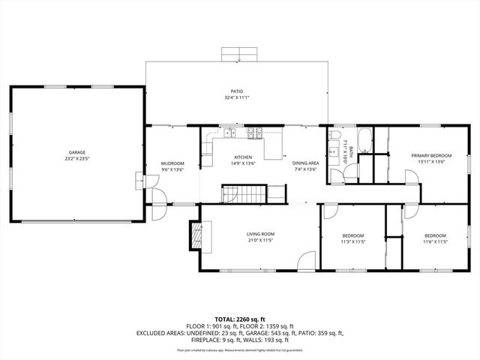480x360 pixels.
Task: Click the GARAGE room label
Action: coord(76,152)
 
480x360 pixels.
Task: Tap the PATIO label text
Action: coord(236,91)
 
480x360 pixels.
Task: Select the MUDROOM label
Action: coord(173,163)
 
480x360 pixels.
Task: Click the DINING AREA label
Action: coord(305,163)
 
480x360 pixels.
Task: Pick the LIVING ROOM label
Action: coord(261,234)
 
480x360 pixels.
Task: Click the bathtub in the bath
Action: coord(363,139)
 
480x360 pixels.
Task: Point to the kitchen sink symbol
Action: coord(229,133)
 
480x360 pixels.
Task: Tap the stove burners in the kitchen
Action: coord(255,133)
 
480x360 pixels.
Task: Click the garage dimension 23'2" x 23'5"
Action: coord(76,159)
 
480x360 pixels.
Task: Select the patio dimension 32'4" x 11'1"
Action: coord(236,98)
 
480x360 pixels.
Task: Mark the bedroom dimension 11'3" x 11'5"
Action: coord(352,241)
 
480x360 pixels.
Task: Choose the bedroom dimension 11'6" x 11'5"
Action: coord(435,241)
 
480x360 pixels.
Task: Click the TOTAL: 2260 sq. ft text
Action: coord(240,319)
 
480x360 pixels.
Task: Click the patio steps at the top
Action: coord(239,54)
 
